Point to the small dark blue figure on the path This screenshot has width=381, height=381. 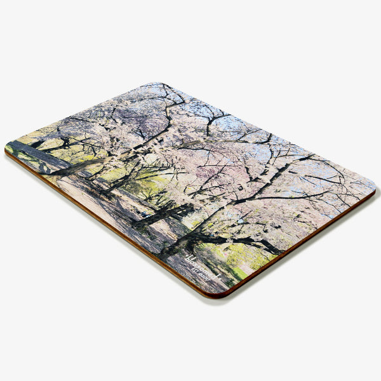145,216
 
